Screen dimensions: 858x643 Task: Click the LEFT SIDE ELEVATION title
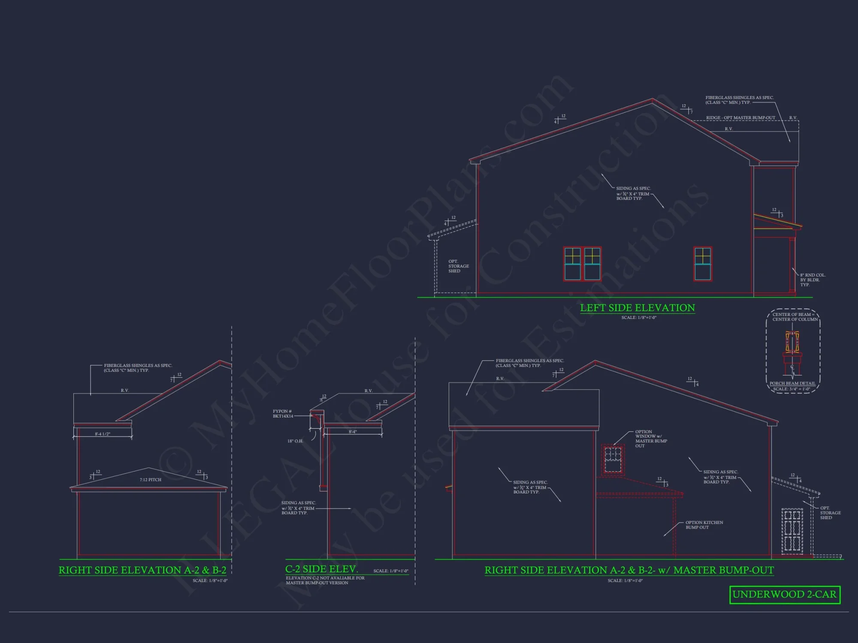tap(637, 308)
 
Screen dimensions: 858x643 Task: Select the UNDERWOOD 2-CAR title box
tap(785, 595)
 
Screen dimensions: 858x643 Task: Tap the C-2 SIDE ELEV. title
tap(321, 569)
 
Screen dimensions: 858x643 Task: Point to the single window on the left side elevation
tap(703, 264)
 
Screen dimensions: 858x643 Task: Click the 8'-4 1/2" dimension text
tap(103, 434)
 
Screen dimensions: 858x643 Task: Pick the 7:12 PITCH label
tap(150, 480)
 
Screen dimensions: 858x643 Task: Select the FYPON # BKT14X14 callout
tap(283, 414)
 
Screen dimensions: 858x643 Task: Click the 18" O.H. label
tap(295, 441)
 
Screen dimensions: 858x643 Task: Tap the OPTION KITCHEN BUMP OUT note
tap(704, 525)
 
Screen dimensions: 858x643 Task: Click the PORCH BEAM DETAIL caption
tap(792, 383)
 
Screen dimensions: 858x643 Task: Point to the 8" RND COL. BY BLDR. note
tap(813, 280)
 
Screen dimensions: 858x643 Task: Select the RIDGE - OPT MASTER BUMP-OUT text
tap(740, 118)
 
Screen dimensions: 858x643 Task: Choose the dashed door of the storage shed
tap(792, 532)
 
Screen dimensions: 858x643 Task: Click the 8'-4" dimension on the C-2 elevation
tap(353, 432)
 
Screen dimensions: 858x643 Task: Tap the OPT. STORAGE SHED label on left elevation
tap(458, 266)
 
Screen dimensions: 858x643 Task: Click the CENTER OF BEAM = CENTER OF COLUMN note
tap(795, 317)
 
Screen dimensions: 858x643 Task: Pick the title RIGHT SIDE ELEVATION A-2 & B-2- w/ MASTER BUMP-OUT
tap(629, 570)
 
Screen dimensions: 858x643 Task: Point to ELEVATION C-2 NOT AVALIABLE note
tap(325, 580)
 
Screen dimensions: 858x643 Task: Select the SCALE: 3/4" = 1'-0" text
tap(792, 389)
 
